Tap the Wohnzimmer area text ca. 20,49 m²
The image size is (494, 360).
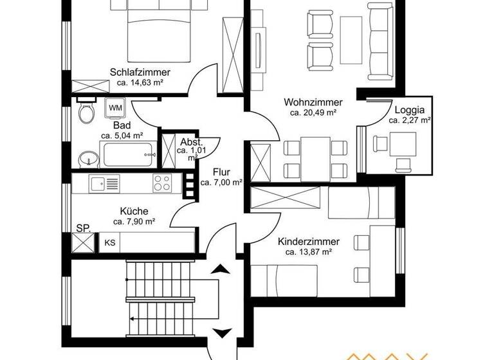tap(313, 113)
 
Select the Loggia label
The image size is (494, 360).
tap(409, 109)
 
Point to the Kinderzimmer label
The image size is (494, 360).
tap(309, 242)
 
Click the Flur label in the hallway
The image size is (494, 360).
tap(221, 172)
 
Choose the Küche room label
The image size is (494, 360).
tap(134, 211)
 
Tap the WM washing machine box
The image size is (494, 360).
tap(115, 107)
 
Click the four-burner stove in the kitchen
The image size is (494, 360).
tap(162, 183)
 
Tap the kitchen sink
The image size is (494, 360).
tap(98, 184)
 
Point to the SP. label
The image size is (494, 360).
tap(83, 228)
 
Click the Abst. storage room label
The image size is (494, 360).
tap(192, 142)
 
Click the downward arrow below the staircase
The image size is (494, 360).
tap(221, 332)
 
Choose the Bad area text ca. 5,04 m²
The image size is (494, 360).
tap(122, 136)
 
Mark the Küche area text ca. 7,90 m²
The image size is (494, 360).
tap(134, 222)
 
